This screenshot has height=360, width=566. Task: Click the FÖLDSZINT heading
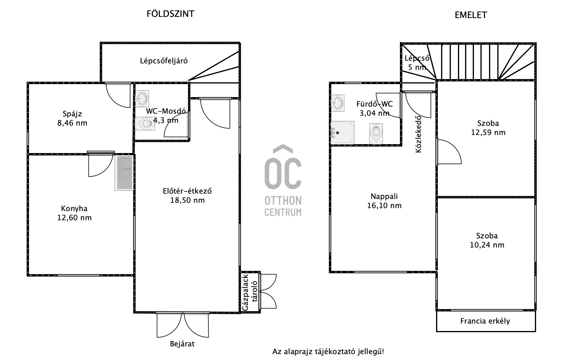click(x=171, y=14)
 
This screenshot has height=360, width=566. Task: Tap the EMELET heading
click(x=471, y=15)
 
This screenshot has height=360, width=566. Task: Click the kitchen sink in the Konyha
click(x=124, y=173)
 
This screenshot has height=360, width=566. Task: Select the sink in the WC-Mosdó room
click(x=142, y=98)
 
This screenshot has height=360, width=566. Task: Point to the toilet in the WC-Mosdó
click(x=145, y=123)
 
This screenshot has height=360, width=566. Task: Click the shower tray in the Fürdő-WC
click(x=343, y=133)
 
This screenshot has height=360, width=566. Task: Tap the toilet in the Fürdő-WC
click(x=376, y=134)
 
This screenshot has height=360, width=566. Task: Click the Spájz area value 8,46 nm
click(x=72, y=123)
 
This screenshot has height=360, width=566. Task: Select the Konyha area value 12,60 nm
click(x=74, y=218)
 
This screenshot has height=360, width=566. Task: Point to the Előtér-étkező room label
click(x=187, y=191)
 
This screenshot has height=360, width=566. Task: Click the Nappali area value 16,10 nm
click(x=384, y=205)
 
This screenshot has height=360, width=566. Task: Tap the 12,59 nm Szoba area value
click(x=488, y=132)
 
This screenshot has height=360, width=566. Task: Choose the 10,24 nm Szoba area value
click(x=487, y=245)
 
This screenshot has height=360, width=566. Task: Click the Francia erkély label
click(x=485, y=321)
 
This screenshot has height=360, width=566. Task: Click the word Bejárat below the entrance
click(x=182, y=344)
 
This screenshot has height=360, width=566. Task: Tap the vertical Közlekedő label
click(x=418, y=134)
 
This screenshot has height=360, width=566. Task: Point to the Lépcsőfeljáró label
click(x=164, y=61)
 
